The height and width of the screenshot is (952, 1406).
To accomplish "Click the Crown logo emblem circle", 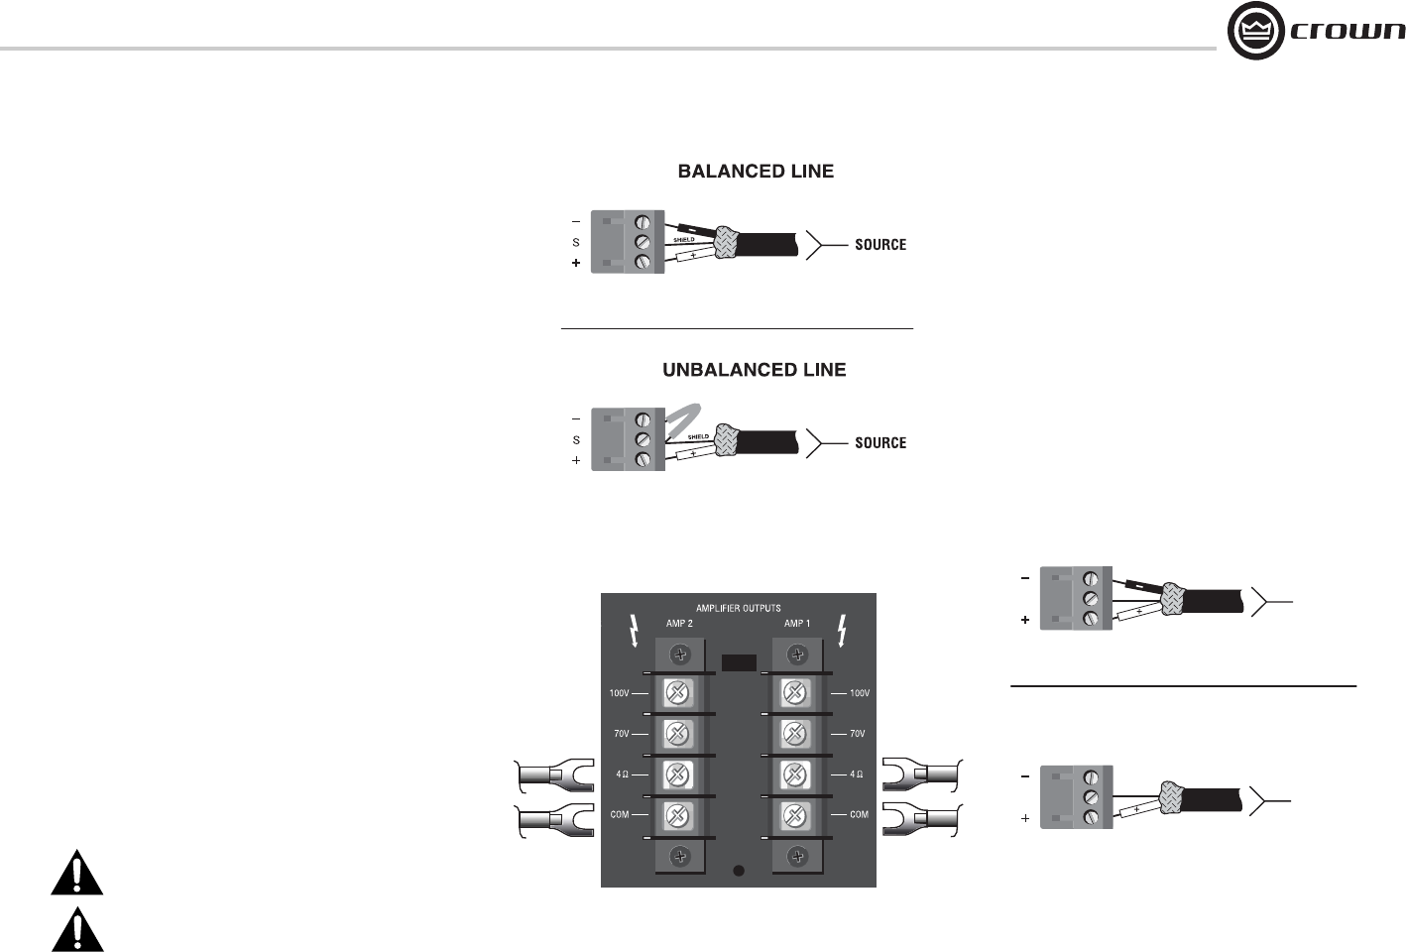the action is (1256, 30).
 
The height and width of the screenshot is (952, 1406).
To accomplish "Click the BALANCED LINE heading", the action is (756, 172).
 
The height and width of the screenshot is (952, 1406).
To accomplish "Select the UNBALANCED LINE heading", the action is (755, 370).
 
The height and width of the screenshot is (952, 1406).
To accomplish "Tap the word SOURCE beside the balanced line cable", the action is (880, 245).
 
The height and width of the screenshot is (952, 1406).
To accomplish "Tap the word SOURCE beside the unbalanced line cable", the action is (880, 443).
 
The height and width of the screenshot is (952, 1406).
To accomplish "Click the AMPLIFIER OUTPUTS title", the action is (738, 608).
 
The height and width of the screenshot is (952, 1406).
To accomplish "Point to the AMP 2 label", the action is (679, 623).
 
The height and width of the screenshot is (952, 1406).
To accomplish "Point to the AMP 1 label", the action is (797, 623).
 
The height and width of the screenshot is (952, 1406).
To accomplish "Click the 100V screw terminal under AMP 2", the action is (677, 693).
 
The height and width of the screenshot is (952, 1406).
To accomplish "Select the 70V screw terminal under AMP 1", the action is (794, 734).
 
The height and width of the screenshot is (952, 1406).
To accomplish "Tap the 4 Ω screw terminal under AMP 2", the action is (677, 775).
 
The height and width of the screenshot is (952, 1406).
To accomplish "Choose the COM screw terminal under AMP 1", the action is (794, 816).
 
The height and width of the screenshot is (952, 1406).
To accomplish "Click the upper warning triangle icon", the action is (77, 872).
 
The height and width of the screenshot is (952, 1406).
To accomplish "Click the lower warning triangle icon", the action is (77, 929).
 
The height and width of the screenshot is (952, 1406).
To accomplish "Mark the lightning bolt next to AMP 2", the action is (635, 631).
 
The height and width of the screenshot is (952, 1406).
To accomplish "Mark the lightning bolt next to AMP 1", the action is (843, 631).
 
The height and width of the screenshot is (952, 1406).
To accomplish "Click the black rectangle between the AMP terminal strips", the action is (739, 662).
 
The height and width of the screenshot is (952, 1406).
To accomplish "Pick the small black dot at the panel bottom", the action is (739, 871).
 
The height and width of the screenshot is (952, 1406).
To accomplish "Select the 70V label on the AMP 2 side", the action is (621, 734).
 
